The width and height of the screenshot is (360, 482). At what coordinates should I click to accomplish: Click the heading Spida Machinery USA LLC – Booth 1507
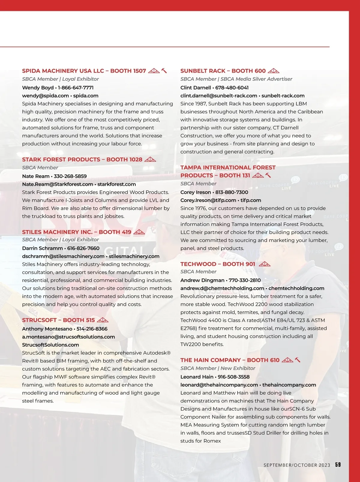(x=84, y=71)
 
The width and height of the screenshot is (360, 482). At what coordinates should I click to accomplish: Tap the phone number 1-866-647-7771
(x=76, y=88)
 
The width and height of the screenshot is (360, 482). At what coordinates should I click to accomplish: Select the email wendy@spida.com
(x=45, y=96)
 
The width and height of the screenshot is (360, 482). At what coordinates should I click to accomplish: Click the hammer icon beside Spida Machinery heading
(x=164, y=71)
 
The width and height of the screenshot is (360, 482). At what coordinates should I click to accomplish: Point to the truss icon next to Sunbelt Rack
(x=273, y=71)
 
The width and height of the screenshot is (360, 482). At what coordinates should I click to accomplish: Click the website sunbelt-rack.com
(x=283, y=96)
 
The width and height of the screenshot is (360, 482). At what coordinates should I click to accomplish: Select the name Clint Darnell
(x=196, y=88)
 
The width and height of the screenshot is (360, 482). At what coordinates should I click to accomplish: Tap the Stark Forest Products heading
(x=82, y=159)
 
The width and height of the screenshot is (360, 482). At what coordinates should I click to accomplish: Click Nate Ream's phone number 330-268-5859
(x=70, y=176)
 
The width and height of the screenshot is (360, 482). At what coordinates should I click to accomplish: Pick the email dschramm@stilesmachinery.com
(x=63, y=256)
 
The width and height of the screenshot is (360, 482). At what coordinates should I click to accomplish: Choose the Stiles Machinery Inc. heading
(x=76, y=232)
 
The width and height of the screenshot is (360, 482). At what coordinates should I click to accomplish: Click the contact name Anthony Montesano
(x=47, y=329)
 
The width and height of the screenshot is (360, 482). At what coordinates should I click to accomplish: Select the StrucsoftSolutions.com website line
(x=50, y=345)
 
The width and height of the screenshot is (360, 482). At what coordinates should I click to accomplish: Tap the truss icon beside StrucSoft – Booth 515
(x=103, y=320)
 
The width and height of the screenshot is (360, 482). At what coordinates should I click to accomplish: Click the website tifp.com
(x=250, y=200)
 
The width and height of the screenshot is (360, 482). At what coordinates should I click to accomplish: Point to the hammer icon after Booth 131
(x=268, y=175)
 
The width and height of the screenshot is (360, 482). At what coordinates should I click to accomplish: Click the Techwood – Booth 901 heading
(x=217, y=264)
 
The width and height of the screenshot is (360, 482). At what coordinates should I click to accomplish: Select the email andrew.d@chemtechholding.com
(x=222, y=288)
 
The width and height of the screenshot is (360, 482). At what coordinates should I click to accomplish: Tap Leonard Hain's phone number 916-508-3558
(x=233, y=377)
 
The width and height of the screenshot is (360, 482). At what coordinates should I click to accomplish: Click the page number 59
(x=338, y=465)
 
